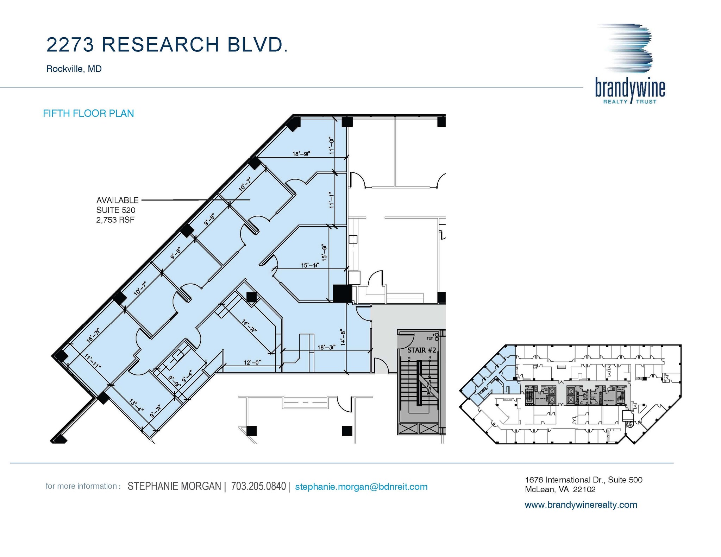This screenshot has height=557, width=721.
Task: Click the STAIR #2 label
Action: [421, 350]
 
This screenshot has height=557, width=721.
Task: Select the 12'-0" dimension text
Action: [252, 362]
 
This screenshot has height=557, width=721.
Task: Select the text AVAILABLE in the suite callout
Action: [117, 200]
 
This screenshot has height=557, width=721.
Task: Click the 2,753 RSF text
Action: [115, 220]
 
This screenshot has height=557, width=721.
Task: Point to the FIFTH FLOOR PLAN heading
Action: [88, 113]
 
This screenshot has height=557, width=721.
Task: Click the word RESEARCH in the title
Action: [161, 45]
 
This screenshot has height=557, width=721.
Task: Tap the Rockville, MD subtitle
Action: [74, 69]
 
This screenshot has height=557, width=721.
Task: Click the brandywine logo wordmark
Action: [630, 88]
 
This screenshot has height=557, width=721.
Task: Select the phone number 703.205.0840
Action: [258, 486]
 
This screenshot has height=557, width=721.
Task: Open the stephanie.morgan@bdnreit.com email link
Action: [361, 487]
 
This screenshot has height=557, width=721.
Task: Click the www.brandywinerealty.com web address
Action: [581, 505]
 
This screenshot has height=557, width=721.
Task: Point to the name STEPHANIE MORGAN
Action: [174, 486]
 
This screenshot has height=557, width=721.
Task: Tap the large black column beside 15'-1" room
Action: [342, 293]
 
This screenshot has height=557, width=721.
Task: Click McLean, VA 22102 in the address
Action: [560, 489]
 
